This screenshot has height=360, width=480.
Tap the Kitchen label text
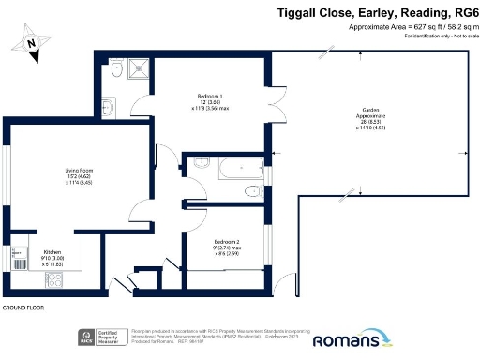click(52, 255)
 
